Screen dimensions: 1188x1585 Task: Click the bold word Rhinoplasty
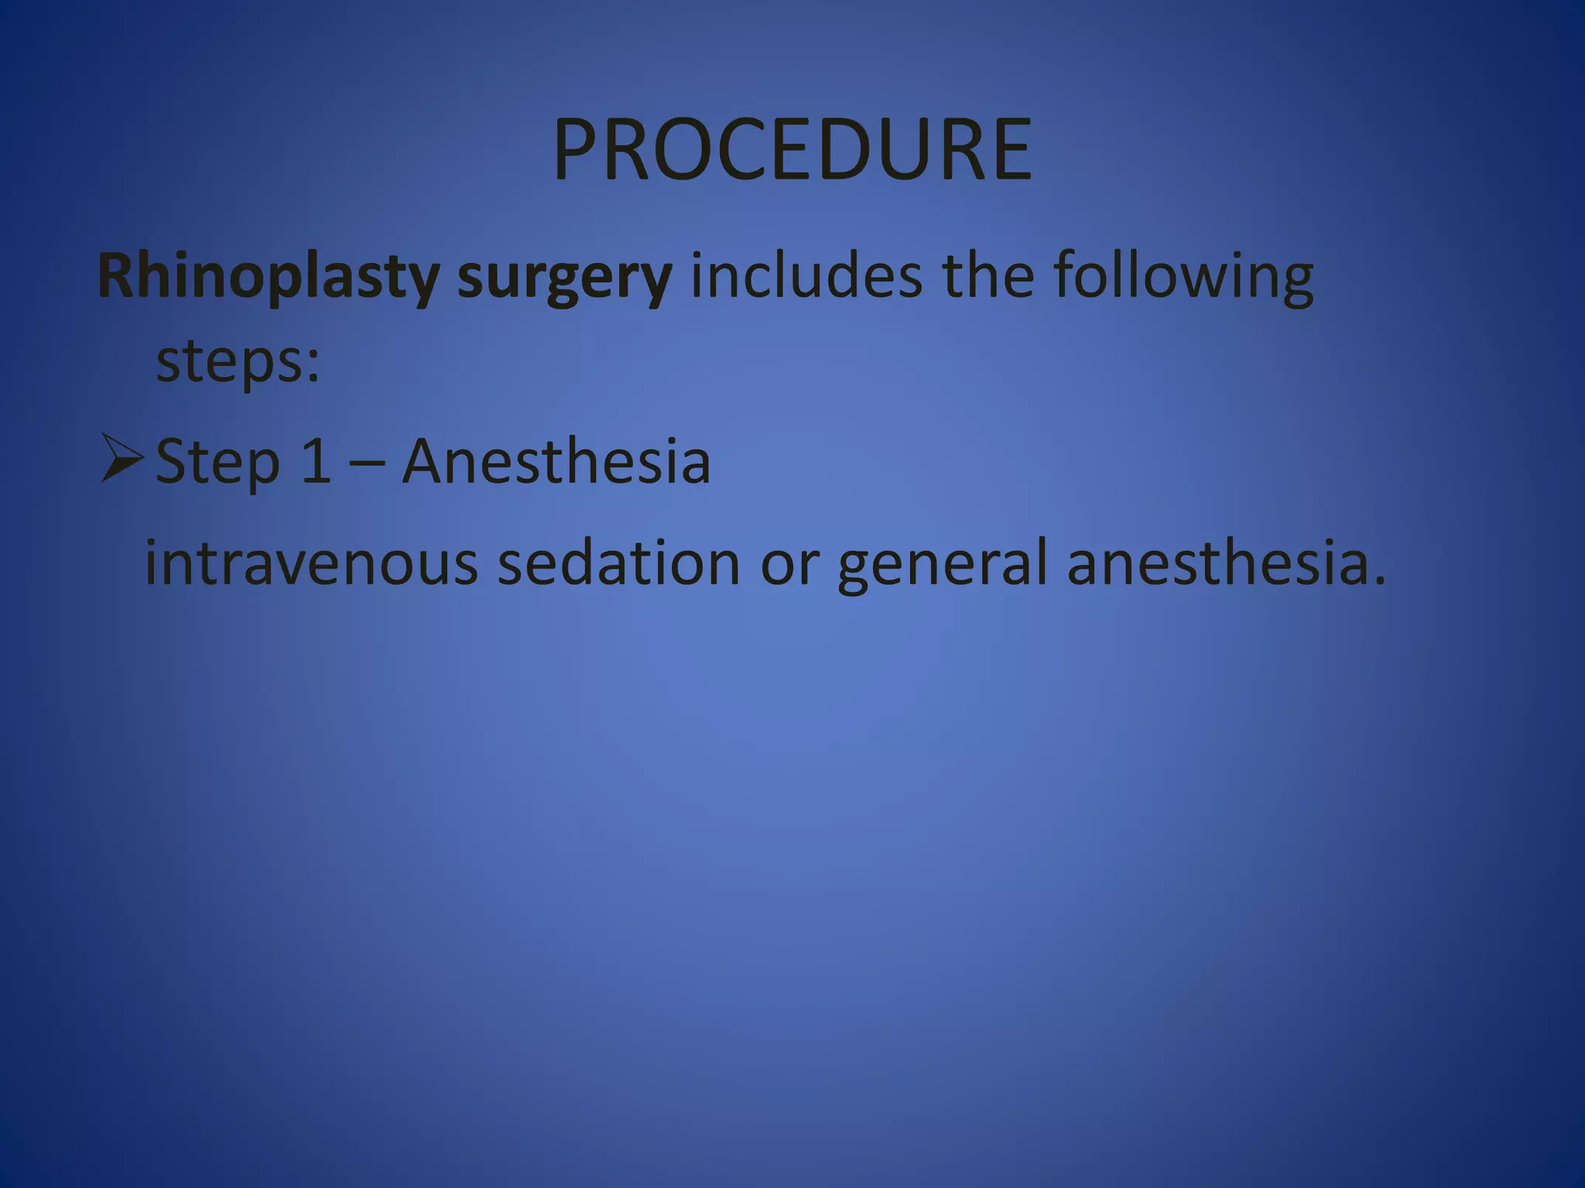click(268, 276)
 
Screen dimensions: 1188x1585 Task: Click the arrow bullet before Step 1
click(122, 459)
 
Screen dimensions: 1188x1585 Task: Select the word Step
click(217, 462)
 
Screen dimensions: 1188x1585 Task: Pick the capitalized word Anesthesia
click(556, 461)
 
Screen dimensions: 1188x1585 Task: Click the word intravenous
click(312, 563)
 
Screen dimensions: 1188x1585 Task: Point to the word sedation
click(618, 563)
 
